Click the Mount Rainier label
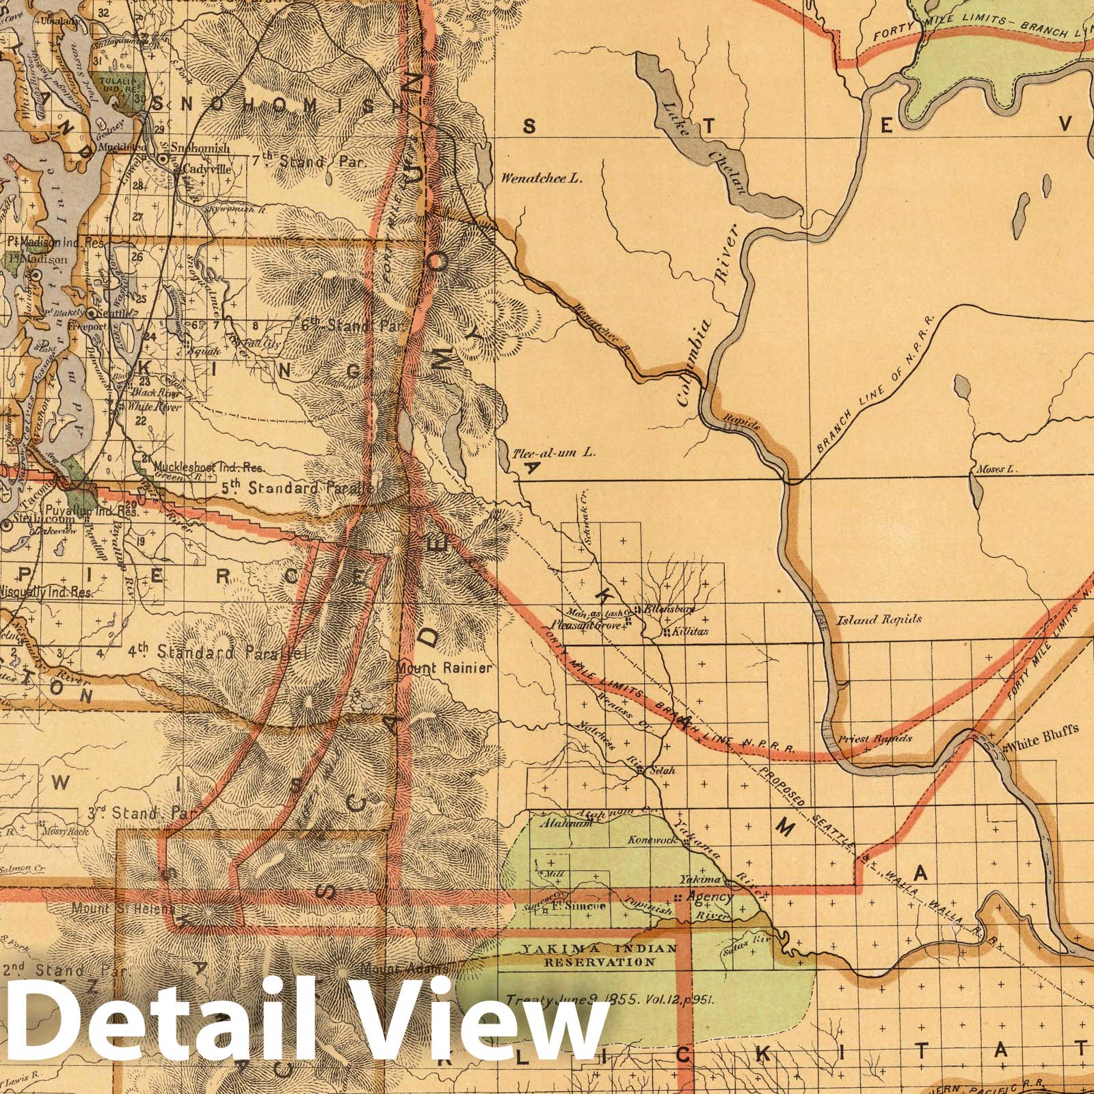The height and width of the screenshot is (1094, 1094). coord(444,667)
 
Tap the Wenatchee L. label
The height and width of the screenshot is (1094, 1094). coord(540,179)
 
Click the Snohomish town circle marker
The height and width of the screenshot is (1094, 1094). coord(163,159)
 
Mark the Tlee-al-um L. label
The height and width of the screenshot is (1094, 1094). coord(554,452)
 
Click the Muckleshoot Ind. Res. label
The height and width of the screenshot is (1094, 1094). coord(209,468)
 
